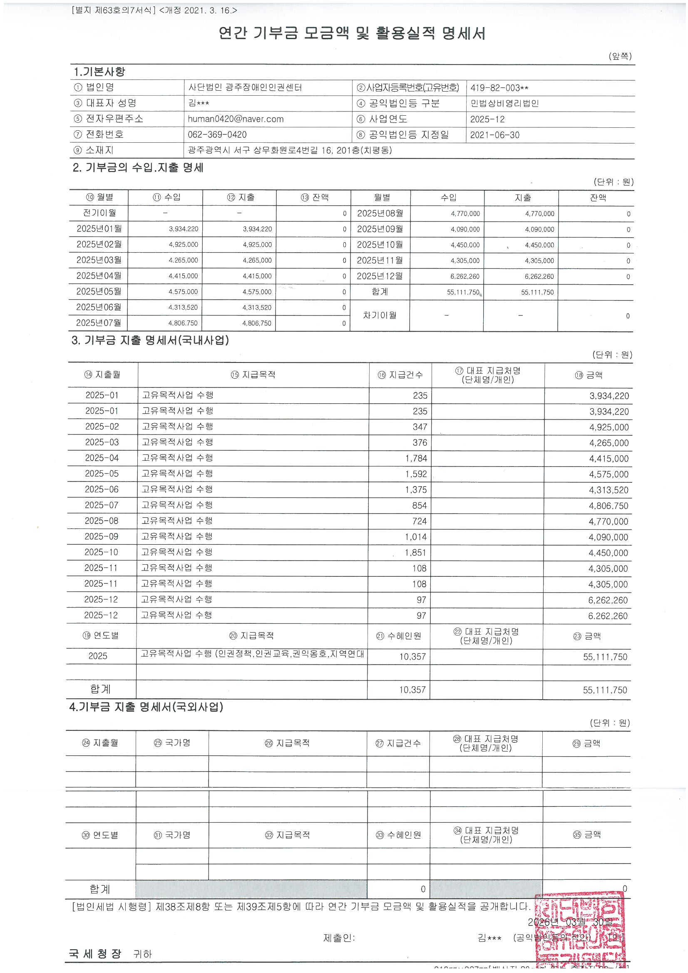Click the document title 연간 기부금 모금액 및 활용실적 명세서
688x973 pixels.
[351, 33]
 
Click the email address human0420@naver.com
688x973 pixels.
[236, 119]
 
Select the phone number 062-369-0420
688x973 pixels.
[217, 135]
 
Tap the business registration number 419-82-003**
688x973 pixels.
[499, 88]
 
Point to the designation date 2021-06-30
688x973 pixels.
[495, 135]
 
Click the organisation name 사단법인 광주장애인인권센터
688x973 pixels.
[245, 88]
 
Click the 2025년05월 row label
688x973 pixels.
[99, 292]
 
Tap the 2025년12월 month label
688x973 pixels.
[380, 276]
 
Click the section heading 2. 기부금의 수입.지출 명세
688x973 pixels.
[138, 168]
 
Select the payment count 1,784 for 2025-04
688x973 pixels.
[416, 458]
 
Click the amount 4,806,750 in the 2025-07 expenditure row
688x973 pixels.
[609, 506]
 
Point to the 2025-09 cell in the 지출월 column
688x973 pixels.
[101, 536]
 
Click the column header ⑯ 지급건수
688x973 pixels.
[400, 375]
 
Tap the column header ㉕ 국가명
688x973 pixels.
[172, 743]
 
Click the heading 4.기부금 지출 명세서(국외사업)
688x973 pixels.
[146, 707]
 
